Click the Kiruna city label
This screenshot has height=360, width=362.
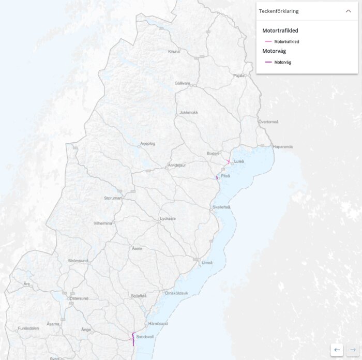(174, 52)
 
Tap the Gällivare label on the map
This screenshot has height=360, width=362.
(182, 83)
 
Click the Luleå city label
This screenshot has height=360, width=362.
(238, 161)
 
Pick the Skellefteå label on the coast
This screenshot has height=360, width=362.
(221, 207)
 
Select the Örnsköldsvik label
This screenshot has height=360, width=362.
(176, 293)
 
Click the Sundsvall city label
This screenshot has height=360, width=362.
(145, 337)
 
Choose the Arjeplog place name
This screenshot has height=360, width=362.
(147, 143)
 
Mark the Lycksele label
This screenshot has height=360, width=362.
(168, 218)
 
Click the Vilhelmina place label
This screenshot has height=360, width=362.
(102, 223)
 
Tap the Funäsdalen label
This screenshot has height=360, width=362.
(28, 328)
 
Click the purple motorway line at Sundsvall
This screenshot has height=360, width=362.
(133, 338)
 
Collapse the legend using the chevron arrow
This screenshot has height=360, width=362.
(348, 11)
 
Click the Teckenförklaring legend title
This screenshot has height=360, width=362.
(279, 11)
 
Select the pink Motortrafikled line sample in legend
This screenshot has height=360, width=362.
(268, 41)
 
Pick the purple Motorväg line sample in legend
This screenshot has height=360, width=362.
(268, 62)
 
